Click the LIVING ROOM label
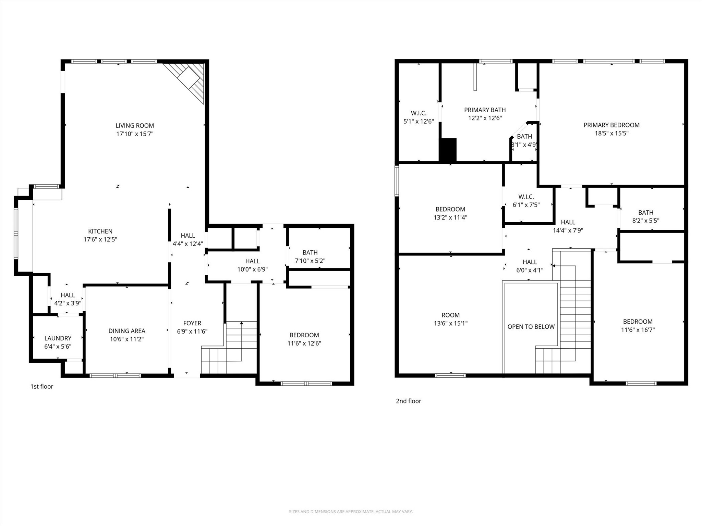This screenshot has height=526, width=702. [134, 126]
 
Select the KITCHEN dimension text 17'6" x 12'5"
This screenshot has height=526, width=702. [100, 239]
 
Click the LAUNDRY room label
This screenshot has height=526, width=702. [58, 338]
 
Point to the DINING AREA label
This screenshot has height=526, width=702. [127, 331]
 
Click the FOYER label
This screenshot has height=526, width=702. [192, 323]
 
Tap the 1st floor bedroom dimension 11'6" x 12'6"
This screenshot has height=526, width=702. [304, 343]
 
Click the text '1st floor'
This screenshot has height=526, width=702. [42, 387]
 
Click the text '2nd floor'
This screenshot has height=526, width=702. [408, 401]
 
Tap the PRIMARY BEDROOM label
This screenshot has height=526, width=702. [611, 125]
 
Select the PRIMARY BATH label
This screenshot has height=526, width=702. [485, 110]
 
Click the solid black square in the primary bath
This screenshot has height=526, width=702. [448, 150]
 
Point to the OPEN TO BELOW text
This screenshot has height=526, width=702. [531, 327]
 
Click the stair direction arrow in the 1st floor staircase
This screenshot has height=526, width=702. [242, 323]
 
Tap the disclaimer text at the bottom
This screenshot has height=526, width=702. [351, 512]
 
